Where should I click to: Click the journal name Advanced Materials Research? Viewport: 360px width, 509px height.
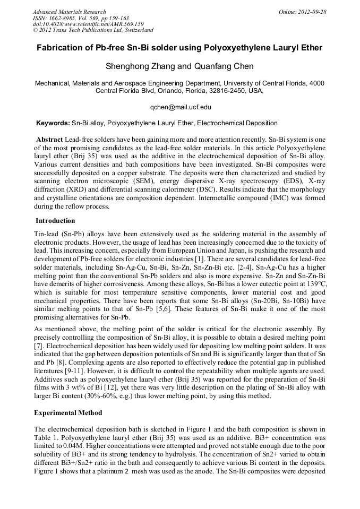click(69, 12)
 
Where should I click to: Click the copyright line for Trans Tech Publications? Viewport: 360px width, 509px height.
click(93, 30)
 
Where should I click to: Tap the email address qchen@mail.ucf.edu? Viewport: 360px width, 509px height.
click(180, 107)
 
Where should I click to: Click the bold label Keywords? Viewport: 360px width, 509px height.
click(53, 123)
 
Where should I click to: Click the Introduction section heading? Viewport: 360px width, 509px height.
click(55, 220)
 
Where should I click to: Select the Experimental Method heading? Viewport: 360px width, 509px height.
click(68, 412)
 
